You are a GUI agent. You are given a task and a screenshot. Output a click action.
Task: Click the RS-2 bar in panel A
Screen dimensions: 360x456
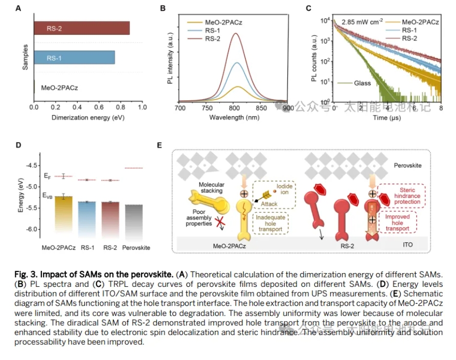point(82,28)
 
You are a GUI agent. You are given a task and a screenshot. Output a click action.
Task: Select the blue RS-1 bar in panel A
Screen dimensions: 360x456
point(74,58)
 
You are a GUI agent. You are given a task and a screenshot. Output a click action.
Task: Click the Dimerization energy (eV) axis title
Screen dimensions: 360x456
point(88,117)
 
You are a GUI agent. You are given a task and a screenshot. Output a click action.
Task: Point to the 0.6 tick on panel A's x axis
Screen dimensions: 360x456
point(99,107)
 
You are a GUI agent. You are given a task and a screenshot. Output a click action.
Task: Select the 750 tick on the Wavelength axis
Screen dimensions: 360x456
point(207,108)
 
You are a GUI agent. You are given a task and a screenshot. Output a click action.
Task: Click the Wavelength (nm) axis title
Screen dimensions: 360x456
point(234,117)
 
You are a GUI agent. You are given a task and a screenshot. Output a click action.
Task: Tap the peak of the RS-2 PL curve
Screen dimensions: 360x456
point(235,34)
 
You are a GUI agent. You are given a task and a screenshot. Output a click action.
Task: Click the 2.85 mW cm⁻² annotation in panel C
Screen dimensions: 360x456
point(362,23)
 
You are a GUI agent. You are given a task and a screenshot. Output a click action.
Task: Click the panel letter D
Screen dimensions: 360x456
point(18,145)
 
